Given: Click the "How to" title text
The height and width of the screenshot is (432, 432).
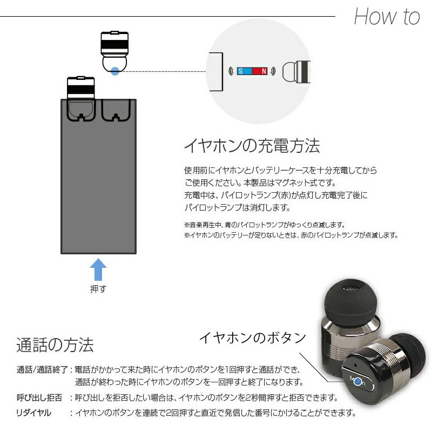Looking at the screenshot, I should point(387,17).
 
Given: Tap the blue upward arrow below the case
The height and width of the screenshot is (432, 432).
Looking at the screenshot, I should point(98,269).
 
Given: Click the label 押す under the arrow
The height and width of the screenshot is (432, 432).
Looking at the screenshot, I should point(98,289).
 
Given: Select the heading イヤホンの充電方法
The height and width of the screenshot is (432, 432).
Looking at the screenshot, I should point(252,146).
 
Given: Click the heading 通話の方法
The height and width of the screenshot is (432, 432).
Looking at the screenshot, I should point(55,344).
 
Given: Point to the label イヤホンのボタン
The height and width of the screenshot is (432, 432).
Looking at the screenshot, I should point(253,337).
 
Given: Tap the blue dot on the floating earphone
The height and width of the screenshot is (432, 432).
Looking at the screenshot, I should point(115,70).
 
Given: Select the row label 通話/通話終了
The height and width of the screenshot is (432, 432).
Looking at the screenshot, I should point(42,370).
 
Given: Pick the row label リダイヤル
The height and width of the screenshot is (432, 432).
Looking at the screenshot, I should point(34,413).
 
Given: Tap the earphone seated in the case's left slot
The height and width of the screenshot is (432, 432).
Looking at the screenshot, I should point(81,97).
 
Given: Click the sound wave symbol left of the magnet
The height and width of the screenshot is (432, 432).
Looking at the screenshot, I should point(231,71).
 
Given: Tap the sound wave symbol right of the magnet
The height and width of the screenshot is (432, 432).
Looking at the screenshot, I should point(274,71).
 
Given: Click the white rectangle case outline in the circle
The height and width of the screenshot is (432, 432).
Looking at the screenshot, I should point(215,71).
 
